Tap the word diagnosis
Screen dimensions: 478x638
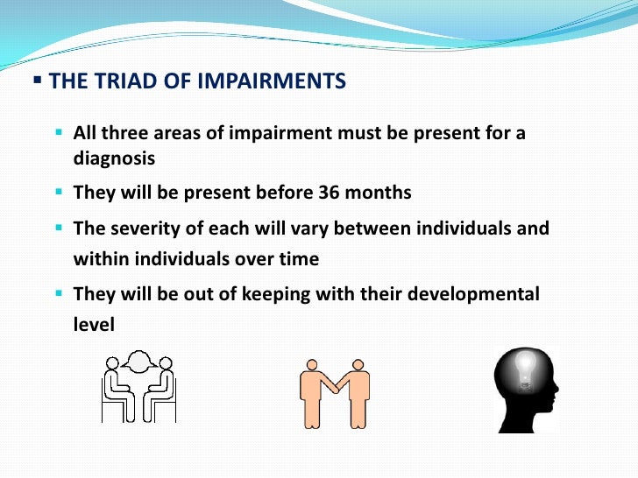pyautogui.click(x=114, y=158)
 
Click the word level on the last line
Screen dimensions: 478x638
pyautogui.click(x=94, y=324)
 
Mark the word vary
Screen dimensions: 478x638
pyautogui.click(x=338, y=228)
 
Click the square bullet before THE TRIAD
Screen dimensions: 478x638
pyautogui.click(x=37, y=81)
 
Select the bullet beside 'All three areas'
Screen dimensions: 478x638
pyautogui.click(x=60, y=133)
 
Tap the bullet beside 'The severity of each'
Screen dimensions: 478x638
pyautogui.click(x=60, y=228)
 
